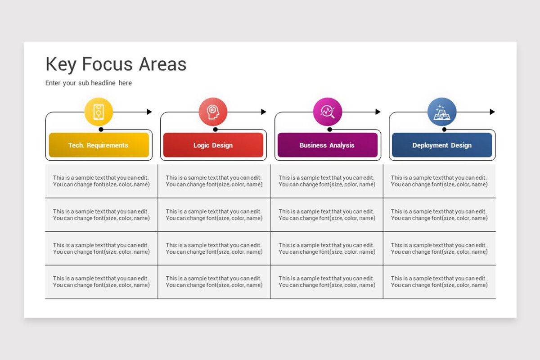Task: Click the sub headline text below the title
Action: coord(89,83)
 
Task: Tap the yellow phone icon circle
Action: coord(99,112)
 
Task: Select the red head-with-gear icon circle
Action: coord(213,112)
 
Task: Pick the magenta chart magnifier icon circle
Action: coord(327,112)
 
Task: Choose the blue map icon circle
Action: coord(441,112)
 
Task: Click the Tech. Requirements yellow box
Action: coord(99,145)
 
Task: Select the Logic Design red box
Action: coord(213,145)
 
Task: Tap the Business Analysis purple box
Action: coord(327,145)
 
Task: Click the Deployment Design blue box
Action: coord(441,145)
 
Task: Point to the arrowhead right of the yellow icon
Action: coord(149,112)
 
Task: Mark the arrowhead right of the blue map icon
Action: coord(492,112)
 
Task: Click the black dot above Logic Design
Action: coord(215,129)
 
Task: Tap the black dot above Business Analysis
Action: coord(329,129)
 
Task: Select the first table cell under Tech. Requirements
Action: coord(101,181)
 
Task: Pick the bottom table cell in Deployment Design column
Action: coord(439,282)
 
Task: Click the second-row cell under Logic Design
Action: coord(214,215)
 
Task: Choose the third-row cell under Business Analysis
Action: coord(327,248)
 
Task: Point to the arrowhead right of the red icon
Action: coord(264,112)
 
